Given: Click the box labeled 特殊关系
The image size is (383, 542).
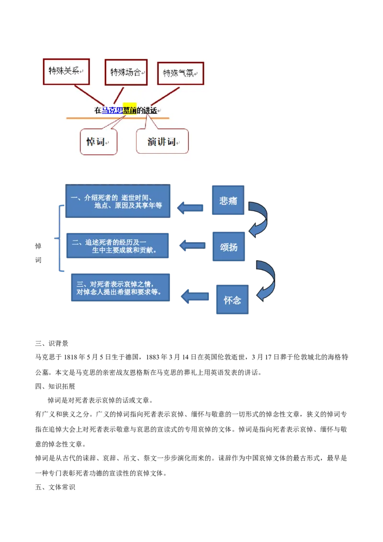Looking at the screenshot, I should point(67,72).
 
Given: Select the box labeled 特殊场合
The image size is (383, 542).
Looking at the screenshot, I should point(126,72).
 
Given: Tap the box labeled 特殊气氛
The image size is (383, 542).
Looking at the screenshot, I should point(180,74).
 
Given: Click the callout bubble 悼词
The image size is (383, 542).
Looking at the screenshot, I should point(98,142).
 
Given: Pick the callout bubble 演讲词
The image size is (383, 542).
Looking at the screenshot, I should point(162,142).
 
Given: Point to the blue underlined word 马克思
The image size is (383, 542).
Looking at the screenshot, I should point(113,110).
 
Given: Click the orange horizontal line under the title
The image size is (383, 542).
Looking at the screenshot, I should point(117,118).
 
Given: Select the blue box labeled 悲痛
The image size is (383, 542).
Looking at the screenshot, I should point(228,200).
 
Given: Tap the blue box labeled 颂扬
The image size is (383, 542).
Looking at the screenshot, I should point(228,247).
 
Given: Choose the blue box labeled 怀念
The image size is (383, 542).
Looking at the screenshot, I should point(232,300).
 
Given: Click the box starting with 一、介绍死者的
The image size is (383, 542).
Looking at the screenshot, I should point(118,201).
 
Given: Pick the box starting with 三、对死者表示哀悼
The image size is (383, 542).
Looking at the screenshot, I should point(120,288).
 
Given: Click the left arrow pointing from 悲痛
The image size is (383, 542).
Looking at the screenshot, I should point(190,208).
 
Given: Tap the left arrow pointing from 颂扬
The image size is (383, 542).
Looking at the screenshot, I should point(191,246).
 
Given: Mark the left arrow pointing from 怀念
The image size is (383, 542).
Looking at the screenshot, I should point(195,296).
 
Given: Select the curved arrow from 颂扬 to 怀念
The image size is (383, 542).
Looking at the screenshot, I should point(267,281).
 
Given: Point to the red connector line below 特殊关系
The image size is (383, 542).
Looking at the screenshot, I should point(89,93).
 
